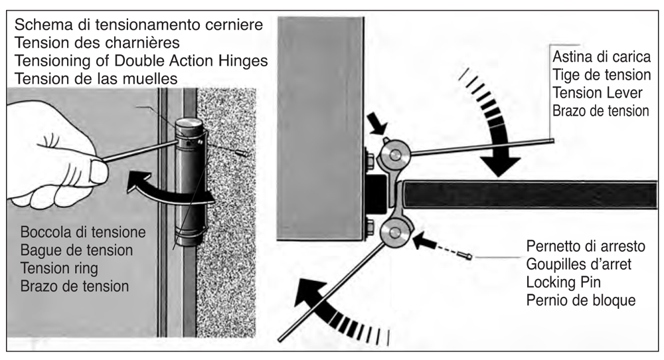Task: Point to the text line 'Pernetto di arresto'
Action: tap(585, 246)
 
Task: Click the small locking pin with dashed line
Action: tap(467, 255)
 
